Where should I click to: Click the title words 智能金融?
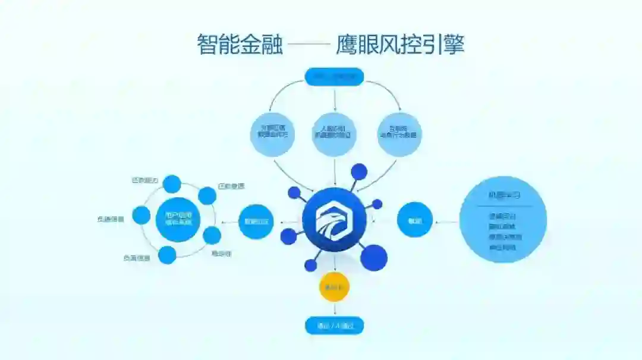tap(240, 45)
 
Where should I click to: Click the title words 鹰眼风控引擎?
tap(399, 45)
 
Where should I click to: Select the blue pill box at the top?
tap(334, 76)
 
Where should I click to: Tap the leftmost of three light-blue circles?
tap(272, 135)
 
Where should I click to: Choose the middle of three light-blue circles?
tap(334, 135)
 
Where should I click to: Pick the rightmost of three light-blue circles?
tap(399, 135)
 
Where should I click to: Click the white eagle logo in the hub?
tap(334, 220)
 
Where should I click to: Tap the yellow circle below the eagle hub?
tap(334, 288)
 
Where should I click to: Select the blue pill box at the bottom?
tap(334, 326)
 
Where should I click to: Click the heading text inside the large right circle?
tap(503, 195)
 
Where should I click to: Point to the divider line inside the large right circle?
tap(503, 206)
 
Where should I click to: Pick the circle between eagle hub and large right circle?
tap(414, 220)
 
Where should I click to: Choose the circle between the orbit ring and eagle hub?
tap(256, 222)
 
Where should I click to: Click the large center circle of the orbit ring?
tap(178, 219)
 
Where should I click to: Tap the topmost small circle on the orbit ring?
tap(172, 184)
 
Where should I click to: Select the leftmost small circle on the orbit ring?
tap(141, 215)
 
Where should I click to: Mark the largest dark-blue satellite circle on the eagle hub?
tap(374, 258)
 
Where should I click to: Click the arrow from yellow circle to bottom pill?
tap(334, 310)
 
